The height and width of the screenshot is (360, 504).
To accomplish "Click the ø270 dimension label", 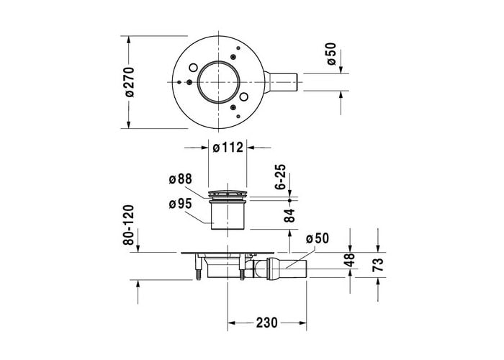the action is (x=129, y=82).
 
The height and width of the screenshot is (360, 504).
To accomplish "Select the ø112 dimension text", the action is (x=228, y=148).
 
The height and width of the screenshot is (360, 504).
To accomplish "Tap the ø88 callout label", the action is (x=180, y=179).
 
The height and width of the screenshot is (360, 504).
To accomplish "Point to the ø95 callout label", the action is (x=180, y=204).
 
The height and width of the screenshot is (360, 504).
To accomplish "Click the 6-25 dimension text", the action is (x=281, y=177).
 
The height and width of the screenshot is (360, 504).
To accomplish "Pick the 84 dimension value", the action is (x=289, y=215).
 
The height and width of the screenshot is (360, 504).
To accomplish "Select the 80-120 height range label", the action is (x=129, y=225).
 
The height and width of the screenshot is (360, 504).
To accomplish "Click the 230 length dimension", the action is (x=267, y=323).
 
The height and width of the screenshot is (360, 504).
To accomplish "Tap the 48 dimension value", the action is (x=349, y=260).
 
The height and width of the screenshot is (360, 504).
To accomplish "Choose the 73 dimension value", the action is (x=378, y=265).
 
